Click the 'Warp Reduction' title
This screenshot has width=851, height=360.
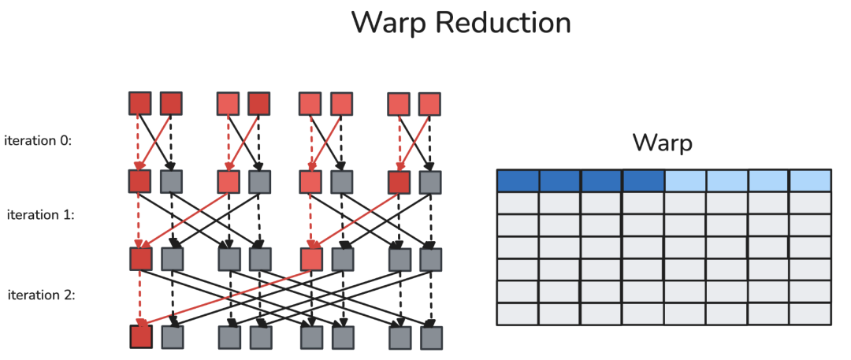point(461,22)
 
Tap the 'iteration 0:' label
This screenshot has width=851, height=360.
point(38,141)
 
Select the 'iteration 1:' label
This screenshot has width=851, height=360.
point(40,214)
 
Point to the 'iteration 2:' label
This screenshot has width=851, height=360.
point(41,295)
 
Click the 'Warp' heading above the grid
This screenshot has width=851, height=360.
point(662,143)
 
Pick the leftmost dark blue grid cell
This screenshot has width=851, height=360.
point(518,181)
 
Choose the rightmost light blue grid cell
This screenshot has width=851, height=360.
point(810,181)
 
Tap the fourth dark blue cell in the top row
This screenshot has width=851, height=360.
point(643,181)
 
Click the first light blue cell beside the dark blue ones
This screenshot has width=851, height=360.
point(685,181)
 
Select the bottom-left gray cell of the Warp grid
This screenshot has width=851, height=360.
point(518,314)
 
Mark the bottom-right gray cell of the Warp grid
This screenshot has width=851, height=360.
point(810,314)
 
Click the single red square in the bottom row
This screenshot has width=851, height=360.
point(141,336)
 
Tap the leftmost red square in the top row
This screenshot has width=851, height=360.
point(139,103)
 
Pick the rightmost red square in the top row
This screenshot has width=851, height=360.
point(429,104)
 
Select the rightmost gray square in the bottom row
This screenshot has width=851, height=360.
point(432,338)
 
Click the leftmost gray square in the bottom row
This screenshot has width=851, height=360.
point(173,337)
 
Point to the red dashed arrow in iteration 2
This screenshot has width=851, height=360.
point(140,298)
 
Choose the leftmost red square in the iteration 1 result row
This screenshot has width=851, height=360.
point(141,259)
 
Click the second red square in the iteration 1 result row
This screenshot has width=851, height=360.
point(311,259)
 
